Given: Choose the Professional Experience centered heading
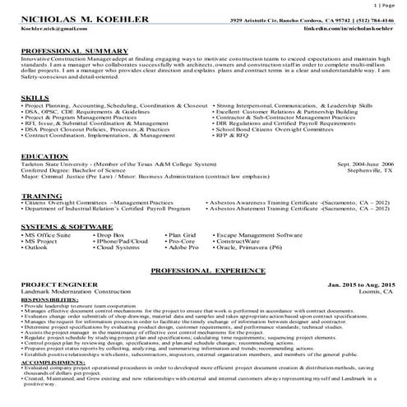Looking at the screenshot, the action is [203, 270].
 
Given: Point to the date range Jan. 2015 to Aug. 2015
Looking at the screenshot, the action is [361, 284].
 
